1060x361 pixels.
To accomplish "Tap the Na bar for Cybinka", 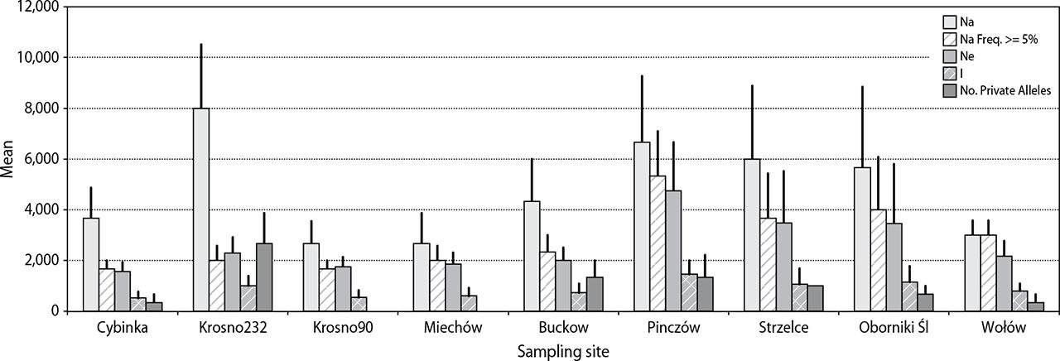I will (x=91, y=264).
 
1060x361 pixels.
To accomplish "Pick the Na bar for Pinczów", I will (x=642, y=226).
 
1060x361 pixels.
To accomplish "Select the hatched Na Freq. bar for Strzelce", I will (x=768, y=264).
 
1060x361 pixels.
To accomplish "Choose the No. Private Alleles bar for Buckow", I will (x=595, y=294).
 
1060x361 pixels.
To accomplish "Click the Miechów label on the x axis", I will (x=452, y=328).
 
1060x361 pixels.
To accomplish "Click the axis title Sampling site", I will (x=563, y=351).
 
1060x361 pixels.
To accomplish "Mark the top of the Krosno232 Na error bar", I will (x=200, y=44).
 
